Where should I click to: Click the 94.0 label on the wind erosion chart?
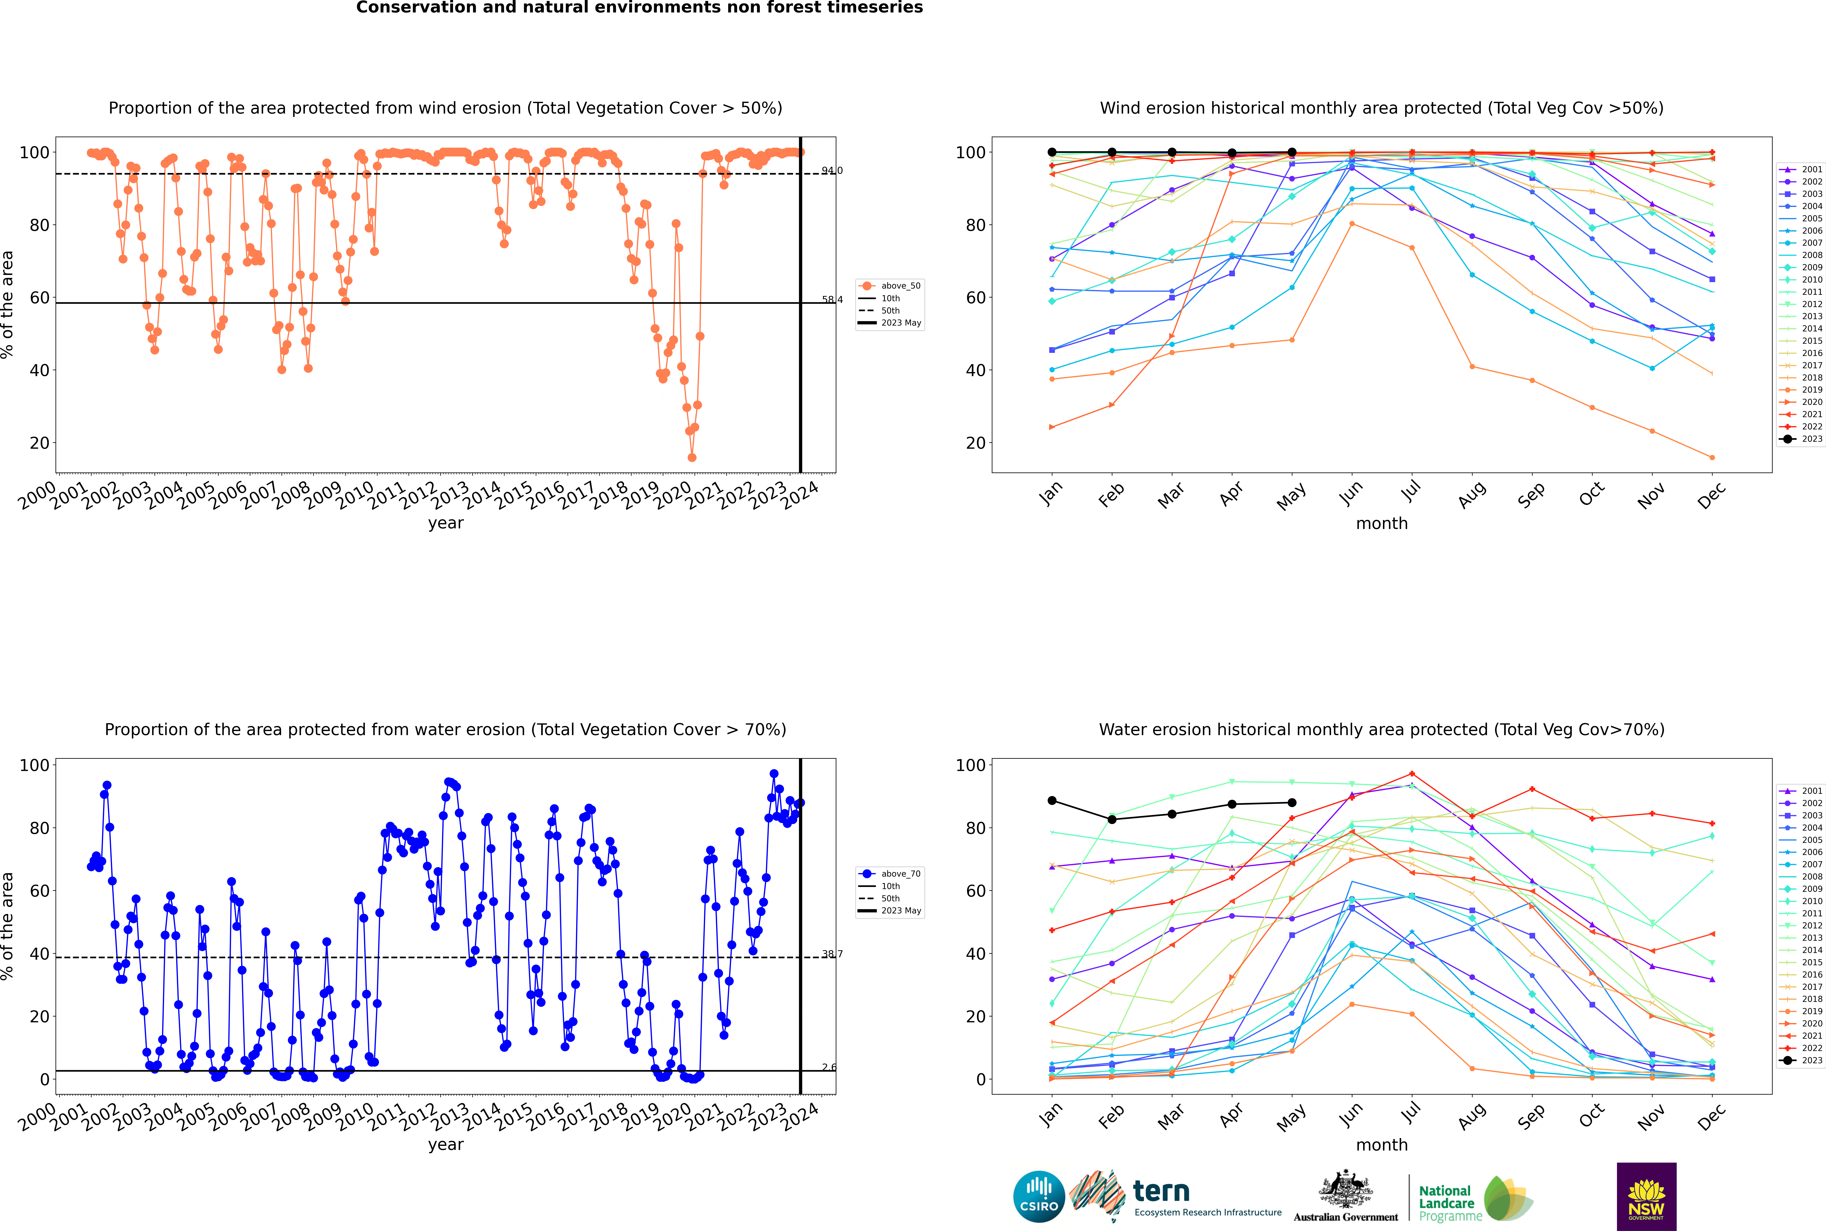pyautogui.click(x=832, y=170)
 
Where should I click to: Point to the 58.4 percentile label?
pyautogui.click(x=832, y=300)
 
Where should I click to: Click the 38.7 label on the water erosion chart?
pyautogui.click(x=832, y=954)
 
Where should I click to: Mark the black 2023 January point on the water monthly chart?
pyautogui.click(x=1052, y=801)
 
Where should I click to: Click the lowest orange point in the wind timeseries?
pyautogui.click(x=692, y=458)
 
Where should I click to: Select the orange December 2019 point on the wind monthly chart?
pyautogui.click(x=1712, y=458)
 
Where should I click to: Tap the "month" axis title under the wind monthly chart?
pyautogui.click(x=1382, y=524)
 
